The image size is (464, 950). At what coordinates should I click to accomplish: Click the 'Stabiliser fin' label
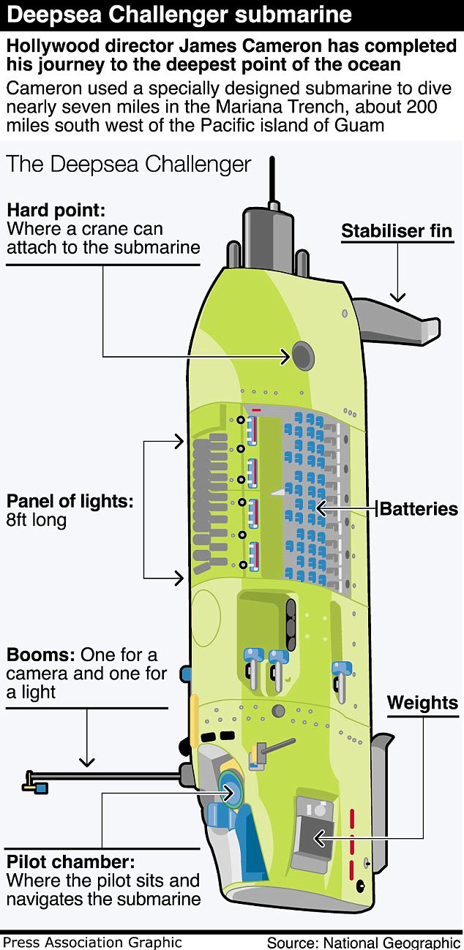(x=397, y=232)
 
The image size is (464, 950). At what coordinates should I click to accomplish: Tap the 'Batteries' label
(x=419, y=509)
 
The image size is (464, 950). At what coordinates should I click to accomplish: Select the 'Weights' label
(x=422, y=704)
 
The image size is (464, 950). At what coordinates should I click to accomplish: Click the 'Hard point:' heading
(x=56, y=211)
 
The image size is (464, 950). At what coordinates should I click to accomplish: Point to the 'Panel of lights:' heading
(x=70, y=502)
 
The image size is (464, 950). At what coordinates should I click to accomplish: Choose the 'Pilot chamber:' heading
(x=70, y=861)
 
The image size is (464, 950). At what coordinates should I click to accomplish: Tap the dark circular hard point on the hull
(x=302, y=356)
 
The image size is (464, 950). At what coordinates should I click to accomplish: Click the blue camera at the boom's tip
(x=41, y=788)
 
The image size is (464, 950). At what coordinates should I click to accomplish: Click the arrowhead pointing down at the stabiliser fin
(x=397, y=296)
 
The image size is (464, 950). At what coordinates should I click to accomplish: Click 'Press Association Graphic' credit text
(x=91, y=942)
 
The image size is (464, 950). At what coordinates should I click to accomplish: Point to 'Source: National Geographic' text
(x=363, y=942)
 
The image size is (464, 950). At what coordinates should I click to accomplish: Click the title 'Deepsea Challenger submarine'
(x=179, y=14)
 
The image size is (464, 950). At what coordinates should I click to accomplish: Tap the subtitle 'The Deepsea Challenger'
(x=129, y=164)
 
